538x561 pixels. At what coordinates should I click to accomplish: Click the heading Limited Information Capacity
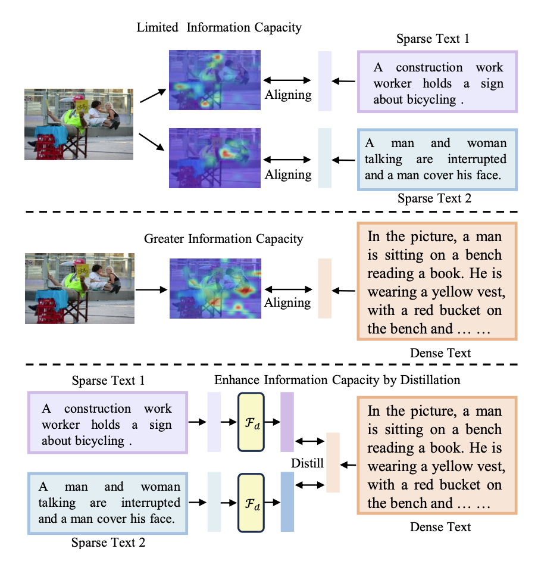tap(219, 27)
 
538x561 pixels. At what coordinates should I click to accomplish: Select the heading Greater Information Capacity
tap(224, 239)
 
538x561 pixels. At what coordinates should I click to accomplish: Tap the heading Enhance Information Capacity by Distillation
tap(337, 379)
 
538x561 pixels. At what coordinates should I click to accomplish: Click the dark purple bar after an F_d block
tap(287, 422)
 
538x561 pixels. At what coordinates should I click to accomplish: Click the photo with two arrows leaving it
tap(80, 124)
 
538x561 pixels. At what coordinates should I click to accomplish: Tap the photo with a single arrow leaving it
tap(80, 288)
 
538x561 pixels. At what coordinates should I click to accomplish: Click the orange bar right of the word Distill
tap(333, 463)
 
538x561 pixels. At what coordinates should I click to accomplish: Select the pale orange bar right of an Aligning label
tap(325, 289)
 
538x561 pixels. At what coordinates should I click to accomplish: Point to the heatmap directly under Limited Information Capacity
tap(215, 80)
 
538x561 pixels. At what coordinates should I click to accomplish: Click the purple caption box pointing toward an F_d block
tap(108, 422)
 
